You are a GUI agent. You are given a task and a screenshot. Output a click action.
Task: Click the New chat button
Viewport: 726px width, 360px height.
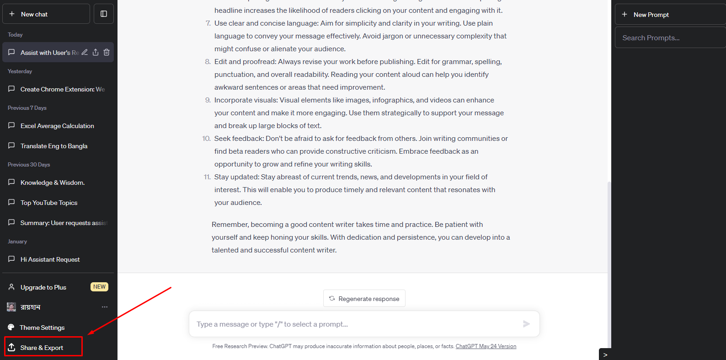[x=46, y=14]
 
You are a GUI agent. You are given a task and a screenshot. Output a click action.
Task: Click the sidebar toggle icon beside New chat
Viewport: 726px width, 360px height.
[x=104, y=14]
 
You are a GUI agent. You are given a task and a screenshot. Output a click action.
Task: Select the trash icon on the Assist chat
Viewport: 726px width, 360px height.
[x=107, y=52]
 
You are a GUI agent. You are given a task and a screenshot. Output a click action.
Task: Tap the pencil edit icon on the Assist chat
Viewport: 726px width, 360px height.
[x=85, y=52]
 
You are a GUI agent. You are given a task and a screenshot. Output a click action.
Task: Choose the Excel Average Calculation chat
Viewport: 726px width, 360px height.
[x=57, y=126]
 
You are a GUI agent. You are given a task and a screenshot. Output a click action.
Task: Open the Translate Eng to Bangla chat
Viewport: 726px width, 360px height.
[x=54, y=146]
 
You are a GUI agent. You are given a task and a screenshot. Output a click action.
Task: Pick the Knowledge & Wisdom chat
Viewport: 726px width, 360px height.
[x=53, y=183]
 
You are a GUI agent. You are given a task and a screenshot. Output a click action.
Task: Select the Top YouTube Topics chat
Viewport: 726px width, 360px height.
[x=49, y=203]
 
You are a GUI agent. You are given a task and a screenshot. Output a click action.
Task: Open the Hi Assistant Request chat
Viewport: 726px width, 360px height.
[x=50, y=259]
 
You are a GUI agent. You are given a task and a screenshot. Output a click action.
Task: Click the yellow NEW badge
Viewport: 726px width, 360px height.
[x=99, y=287]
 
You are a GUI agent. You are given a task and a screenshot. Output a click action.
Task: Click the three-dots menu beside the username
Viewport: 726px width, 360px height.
[x=105, y=307]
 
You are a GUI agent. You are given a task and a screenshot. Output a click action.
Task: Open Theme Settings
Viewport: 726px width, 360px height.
[x=42, y=328]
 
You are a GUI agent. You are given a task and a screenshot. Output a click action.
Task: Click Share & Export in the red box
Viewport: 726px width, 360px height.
[x=42, y=348]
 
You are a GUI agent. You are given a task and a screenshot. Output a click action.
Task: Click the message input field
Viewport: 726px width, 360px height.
[x=357, y=324]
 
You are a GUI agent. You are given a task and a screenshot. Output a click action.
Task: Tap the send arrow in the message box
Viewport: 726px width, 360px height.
[x=526, y=324]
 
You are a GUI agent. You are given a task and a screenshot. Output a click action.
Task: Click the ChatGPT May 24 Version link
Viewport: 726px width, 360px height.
[x=486, y=346]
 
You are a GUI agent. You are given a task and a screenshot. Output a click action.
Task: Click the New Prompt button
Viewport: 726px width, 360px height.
[x=651, y=15]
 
